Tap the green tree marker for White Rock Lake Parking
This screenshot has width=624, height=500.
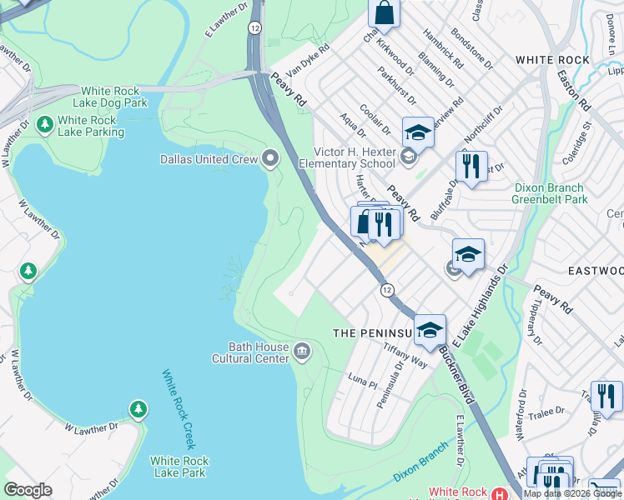click(x=43, y=125)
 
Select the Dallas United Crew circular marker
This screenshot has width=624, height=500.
click(x=270, y=157)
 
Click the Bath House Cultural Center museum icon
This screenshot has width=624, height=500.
click(x=302, y=353)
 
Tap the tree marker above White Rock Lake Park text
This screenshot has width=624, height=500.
click(x=138, y=408)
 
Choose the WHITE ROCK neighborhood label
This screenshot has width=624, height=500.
click(x=552, y=60)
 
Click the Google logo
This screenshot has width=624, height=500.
click(x=28, y=490)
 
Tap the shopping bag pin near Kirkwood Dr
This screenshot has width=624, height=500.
click(x=384, y=13)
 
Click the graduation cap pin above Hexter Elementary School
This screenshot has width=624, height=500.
click(x=418, y=132)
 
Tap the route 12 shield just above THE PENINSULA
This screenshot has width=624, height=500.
click(x=387, y=289)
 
